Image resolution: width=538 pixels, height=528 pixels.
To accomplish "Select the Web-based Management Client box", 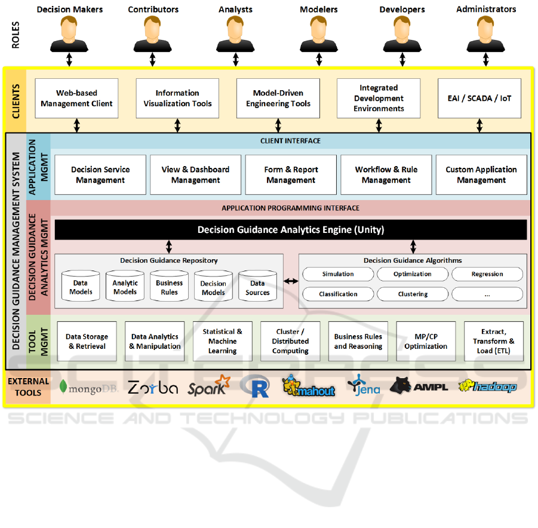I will pos(76,98).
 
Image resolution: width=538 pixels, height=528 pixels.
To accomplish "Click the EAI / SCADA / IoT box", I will pos(479,98).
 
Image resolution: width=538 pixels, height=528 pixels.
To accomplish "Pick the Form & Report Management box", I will pos(291,174).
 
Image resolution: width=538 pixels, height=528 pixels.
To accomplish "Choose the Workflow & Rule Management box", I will pos(386,174).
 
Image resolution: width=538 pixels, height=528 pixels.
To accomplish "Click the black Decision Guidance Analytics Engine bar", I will pos(291,229).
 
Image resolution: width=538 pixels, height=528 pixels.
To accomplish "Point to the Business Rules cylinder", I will pos(169,287).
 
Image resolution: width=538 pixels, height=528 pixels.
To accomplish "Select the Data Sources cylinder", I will pos(257,287).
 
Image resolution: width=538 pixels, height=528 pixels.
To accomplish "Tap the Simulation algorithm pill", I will pos(338,274).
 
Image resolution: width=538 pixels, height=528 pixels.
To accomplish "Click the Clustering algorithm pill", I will pos(413,294).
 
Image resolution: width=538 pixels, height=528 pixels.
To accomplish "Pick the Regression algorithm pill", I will pos(487,274).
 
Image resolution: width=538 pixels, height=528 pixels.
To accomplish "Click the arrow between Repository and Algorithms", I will pos(291,281).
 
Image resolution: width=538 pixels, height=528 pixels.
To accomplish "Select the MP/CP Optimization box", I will pos(426,342).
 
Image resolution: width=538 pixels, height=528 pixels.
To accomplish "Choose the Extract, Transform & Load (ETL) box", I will pos(493,342).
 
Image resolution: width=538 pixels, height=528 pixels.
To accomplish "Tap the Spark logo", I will pos(208,386).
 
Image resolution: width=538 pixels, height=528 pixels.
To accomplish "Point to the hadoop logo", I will pos(487,387).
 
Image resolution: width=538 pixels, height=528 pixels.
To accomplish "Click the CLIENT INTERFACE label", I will pos(291,141).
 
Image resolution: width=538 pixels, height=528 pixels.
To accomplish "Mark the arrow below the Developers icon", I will pos(402,60).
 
